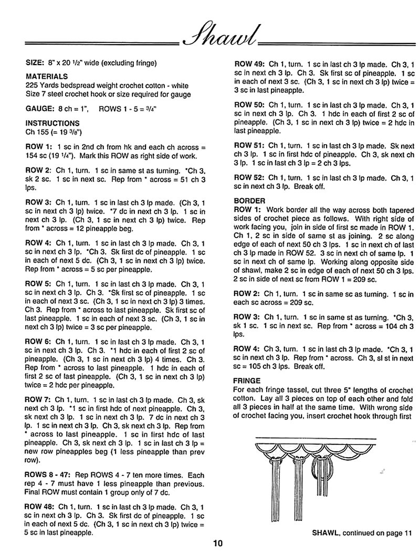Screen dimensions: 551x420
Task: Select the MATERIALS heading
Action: (45, 76)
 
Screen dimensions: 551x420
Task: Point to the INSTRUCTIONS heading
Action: (52, 123)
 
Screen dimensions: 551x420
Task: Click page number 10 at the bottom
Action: (218, 543)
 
